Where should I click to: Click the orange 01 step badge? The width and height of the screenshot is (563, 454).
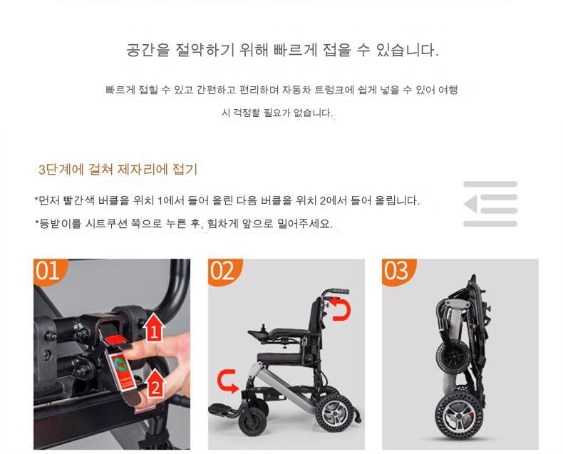click(48, 271)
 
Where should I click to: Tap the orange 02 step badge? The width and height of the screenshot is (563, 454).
click(223, 271)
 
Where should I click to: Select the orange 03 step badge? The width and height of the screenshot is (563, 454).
click(397, 271)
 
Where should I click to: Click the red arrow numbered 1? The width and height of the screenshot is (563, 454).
click(154, 327)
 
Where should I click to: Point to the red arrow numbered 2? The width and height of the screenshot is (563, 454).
click(155, 383)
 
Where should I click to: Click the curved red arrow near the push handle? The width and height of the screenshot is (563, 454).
click(341, 309)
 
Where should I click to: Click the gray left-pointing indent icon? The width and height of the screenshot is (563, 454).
click(490, 204)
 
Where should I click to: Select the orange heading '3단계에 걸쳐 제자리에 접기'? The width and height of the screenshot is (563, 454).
click(118, 169)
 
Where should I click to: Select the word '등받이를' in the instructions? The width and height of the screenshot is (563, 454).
click(60, 224)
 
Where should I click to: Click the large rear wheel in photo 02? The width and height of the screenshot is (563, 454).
click(334, 413)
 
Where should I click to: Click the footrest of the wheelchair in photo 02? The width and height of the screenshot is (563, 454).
click(222, 410)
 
